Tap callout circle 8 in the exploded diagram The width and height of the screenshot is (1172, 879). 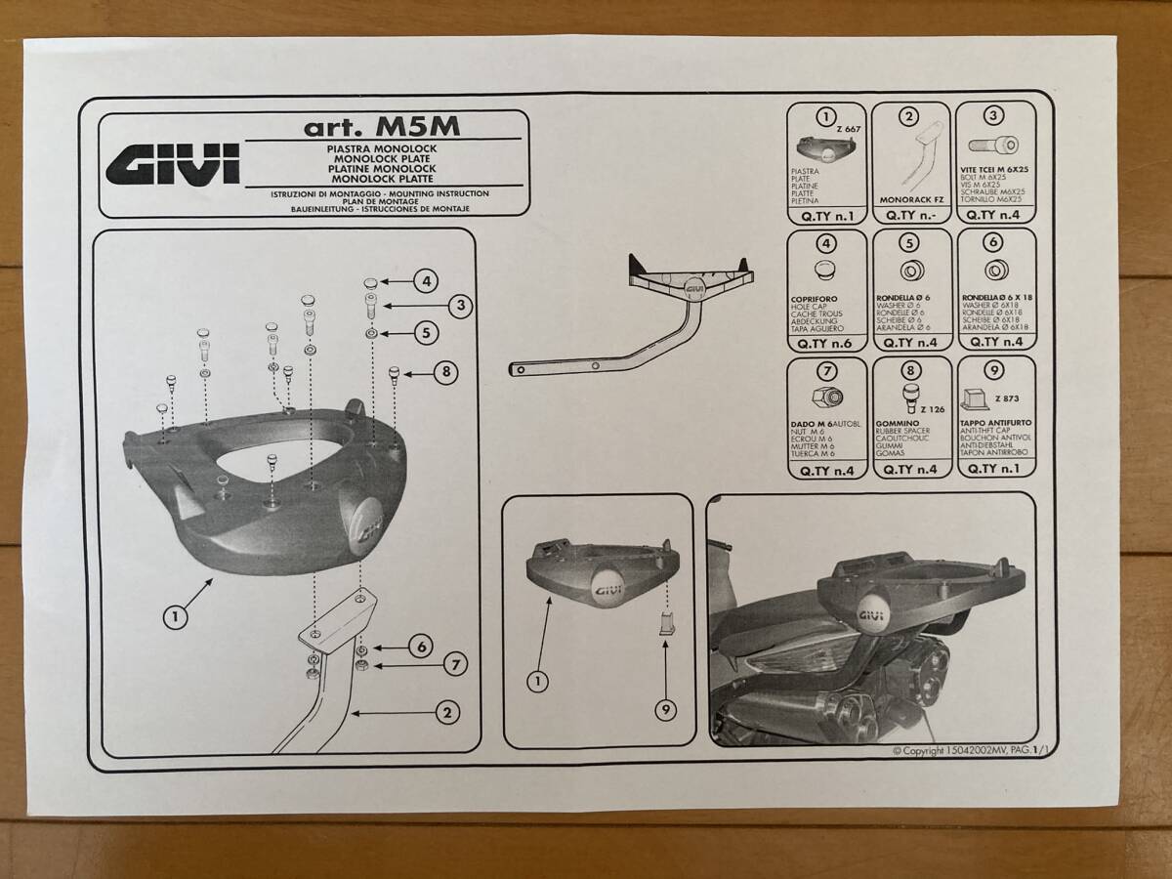tap(444, 372)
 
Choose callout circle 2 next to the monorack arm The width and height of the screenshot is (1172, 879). tap(445, 713)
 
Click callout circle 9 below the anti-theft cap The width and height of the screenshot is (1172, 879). tap(665, 710)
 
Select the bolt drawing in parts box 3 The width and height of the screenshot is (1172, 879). tap(995, 147)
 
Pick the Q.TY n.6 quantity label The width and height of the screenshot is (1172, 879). tap(826, 343)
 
